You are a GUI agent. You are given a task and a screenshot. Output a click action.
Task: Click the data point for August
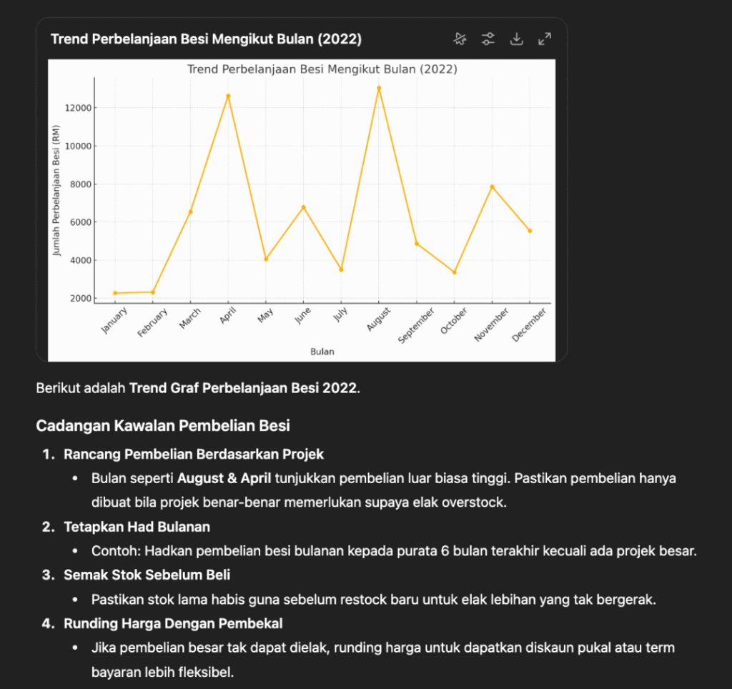[x=379, y=88]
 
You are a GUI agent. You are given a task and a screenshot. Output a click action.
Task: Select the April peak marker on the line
[x=228, y=96]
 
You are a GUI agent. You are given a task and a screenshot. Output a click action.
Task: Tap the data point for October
[x=454, y=272]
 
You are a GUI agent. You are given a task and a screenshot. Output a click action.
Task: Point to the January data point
[x=115, y=293]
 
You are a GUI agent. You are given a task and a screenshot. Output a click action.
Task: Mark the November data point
[x=492, y=187]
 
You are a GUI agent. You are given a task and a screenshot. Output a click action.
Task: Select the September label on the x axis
[x=416, y=326]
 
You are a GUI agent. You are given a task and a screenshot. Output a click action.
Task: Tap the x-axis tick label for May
[x=266, y=316]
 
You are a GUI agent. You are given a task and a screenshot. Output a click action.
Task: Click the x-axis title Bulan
[x=322, y=352]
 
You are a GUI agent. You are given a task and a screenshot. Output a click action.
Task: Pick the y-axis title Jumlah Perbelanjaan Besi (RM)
[x=57, y=190]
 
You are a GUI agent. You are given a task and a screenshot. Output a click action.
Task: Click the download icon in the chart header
[x=516, y=39]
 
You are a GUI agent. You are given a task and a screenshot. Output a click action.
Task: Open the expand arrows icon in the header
[x=545, y=39]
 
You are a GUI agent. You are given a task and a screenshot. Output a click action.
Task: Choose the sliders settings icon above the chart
[x=488, y=39]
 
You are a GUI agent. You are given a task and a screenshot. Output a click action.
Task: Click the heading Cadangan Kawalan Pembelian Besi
[x=163, y=426]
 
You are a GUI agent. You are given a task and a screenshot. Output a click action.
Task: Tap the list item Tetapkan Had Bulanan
[x=137, y=527]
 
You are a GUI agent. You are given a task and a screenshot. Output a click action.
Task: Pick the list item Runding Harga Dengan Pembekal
[x=173, y=623]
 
